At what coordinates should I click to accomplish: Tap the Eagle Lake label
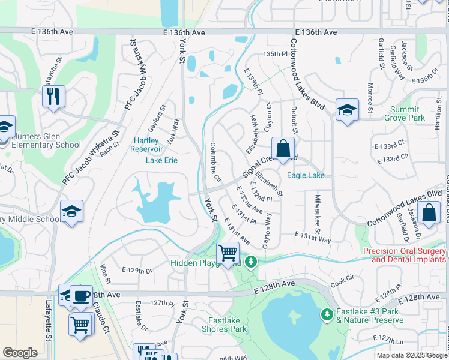click(x=306, y=175)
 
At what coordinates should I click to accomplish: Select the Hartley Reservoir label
click(x=146, y=145)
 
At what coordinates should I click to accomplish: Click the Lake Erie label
click(x=161, y=160)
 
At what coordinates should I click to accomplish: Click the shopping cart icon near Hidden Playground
click(x=228, y=254)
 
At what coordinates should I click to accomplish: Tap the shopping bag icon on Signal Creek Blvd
click(x=283, y=148)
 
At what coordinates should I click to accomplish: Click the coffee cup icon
click(x=81, y=295)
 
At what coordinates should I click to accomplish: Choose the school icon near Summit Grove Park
click(x=347, y=110)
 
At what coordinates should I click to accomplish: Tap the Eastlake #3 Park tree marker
click(x=327, y=314)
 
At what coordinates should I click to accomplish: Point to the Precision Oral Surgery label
click(x=405, y=255)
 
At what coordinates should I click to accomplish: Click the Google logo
click(x=20, y=353)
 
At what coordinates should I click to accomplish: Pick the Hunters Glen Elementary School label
click(x=42, y=140)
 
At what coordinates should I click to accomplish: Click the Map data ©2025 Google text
click(x=411, y=355)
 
